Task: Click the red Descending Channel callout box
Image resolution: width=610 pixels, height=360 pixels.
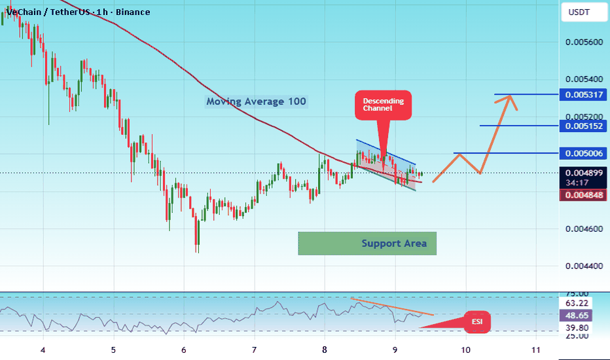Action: pos(383,105)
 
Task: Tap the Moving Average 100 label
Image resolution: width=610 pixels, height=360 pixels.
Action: pos(256,101)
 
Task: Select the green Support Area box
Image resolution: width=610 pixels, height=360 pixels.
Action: pos(367,243)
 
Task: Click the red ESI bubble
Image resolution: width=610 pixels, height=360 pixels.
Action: pos(477,322)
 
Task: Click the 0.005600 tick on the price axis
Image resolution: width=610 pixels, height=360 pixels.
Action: pos(584,42)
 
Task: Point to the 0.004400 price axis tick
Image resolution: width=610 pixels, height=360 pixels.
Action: pos(584,266)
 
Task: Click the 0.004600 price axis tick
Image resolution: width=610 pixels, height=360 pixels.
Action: pos(584,229)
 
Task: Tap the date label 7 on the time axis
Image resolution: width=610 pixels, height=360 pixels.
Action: pos(254,350)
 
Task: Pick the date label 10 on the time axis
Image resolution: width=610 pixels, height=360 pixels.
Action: pos(465,350)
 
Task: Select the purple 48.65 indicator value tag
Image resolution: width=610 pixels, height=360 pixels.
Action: pos(576,315)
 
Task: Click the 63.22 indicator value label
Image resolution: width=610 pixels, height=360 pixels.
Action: pos(576,303)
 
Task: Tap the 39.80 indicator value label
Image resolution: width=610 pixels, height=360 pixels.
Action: pos(576,328)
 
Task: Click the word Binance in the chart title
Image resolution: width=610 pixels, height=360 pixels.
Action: pos(133,12)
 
